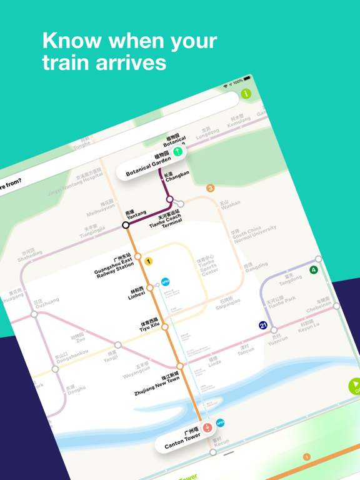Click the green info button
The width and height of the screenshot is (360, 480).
(x=246, y=94)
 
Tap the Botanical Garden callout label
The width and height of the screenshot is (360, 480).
(x=148, y=165)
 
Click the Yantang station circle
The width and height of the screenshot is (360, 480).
(x=126, y=225)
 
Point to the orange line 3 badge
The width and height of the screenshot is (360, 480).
(x=211, y=188)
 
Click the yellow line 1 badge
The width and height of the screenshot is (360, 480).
(x=149, y=261)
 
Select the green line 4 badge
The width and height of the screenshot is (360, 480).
(x=314, y=270)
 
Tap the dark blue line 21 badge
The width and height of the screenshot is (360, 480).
(x=263, y=325)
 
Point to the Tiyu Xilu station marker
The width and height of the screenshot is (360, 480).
(x=165, y=327)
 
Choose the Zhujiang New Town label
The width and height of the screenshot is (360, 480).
(x=157, y=383)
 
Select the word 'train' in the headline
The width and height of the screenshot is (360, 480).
(x=69, y=62)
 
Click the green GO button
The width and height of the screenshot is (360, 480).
(x=355, y=386)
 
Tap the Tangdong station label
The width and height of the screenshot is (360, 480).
(x=290, y=279)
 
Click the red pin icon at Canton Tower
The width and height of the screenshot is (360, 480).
(x=207, y=427)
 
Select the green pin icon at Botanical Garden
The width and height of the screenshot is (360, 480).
(x=178, y=151)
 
